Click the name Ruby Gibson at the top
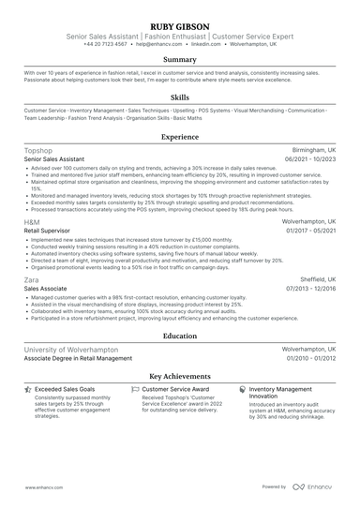(x=180, y=25)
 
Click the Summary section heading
(x=180, y=59)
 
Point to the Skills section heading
(x=180, y=97)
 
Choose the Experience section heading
(x=180, y=136)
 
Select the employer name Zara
(x=31, y=279)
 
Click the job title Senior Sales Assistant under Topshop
(x=54, y=159)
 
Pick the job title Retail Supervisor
(x=49, y=229)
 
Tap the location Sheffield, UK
(x=313, y=279)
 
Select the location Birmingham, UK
(x=308, y=150)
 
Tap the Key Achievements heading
(x=180, y=376)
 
